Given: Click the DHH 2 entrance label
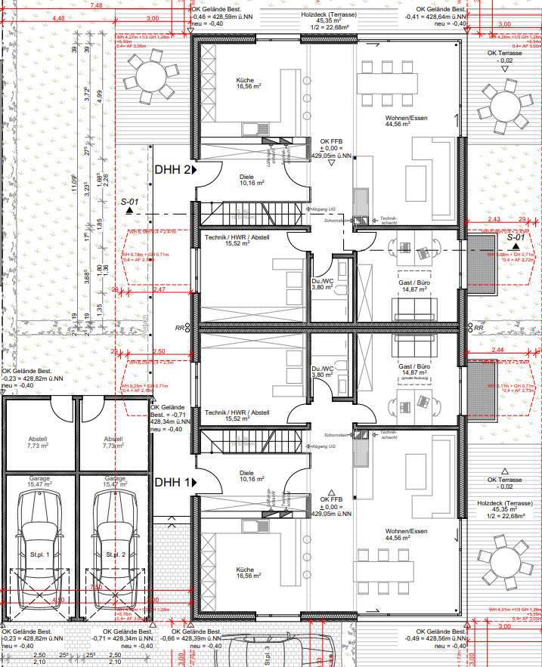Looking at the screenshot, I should click(x=172, y=171).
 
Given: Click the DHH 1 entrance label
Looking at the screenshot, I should click(x=172, y=482).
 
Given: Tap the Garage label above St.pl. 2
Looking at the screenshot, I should click(x=115, y=482).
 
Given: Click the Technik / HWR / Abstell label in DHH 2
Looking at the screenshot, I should click(x=237, y=239).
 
